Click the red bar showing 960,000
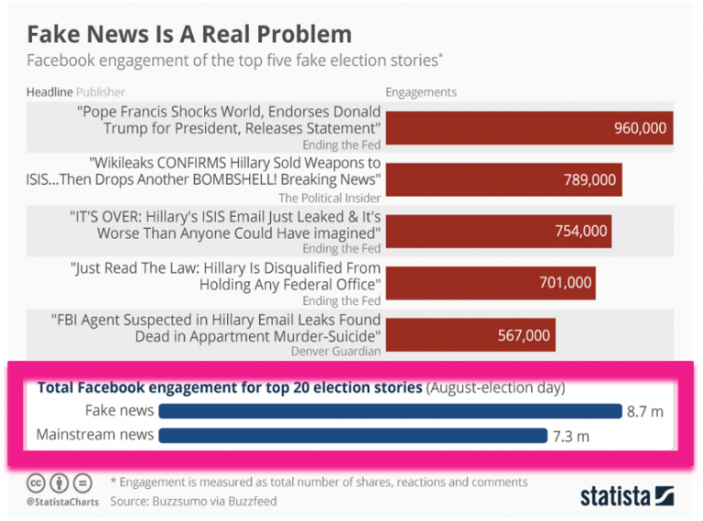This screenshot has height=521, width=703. (529, 128)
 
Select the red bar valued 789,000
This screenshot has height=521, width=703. (503, 179)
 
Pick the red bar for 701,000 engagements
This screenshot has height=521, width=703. (491, 282)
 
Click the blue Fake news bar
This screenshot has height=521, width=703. (390, 411)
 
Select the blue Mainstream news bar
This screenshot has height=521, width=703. (352, 434)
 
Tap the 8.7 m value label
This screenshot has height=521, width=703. (644, 412)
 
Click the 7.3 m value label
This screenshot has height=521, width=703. (571, 435)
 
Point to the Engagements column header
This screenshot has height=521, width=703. (421, 92)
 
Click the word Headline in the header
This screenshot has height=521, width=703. (49, 92)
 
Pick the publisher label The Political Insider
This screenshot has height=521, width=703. (329, 197)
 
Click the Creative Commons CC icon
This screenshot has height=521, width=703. (34, 482)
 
